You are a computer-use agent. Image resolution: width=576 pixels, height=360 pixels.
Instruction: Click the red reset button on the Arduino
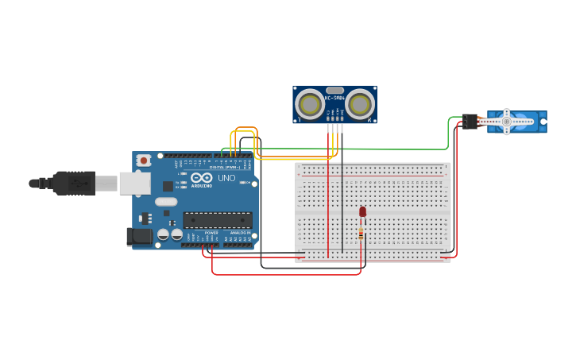tap(143, 160)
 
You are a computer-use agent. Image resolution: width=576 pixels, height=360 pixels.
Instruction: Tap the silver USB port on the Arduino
tap(134, 184)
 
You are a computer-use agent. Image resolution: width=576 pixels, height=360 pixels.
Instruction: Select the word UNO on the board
tap(226, 178)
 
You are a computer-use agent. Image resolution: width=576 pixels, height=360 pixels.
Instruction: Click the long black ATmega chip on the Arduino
tap(217, 220)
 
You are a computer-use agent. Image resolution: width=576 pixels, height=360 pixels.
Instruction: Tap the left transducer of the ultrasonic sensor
tap(310, 104)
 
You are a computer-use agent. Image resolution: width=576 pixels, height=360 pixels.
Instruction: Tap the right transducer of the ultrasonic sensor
tap(360, 104)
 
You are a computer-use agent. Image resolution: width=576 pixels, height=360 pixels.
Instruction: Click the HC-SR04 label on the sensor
tap(334, 98)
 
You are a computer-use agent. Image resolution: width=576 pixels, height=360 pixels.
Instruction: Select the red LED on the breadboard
tap(363, 211)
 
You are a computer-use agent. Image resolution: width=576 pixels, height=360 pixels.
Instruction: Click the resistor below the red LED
tap(361, 233)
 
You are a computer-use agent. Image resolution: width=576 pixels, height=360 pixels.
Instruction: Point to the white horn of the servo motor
tap(507, 122)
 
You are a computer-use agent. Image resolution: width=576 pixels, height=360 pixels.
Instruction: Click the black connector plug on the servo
tap(469, 121)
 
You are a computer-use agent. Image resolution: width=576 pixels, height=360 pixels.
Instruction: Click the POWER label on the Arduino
tap(211, 233)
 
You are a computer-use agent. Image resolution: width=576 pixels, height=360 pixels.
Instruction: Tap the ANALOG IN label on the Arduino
tap(240, 233)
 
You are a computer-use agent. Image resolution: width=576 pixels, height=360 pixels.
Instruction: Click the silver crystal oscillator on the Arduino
tap(166, 202)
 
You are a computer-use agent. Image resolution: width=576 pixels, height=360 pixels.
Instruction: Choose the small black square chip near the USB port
tap(168, 186)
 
